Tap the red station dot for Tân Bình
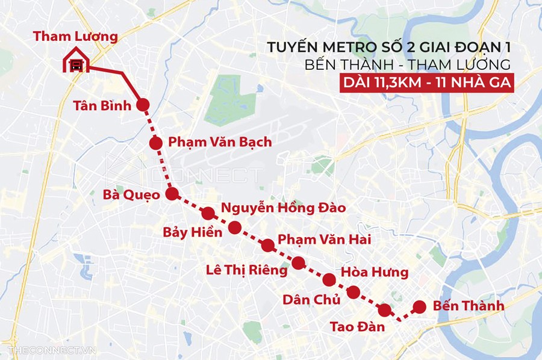pos(143,105)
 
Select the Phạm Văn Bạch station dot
pos(155,143)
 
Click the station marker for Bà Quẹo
pos(172,194)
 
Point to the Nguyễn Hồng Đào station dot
pos(208,213)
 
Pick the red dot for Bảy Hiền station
pos(235,228)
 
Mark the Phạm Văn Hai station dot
pos(268,245)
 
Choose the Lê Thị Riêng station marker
pos(298,262)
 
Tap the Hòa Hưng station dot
pos(329,279)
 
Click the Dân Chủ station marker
pos(354,293)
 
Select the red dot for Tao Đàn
pos(384,310)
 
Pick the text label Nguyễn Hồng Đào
pos(284,208)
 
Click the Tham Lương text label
pos(75,36)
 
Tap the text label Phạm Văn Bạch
pos(220,142)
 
